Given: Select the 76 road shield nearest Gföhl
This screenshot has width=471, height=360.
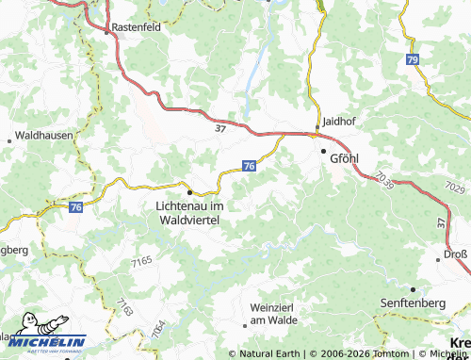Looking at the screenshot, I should (x=248, y=165).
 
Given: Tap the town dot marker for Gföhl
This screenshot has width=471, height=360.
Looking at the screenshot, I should (x=323, y=151).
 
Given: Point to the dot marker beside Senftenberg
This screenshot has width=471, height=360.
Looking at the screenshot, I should (x=413, y=287).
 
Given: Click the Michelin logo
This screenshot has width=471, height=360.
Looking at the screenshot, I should (x=43, y=340).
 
